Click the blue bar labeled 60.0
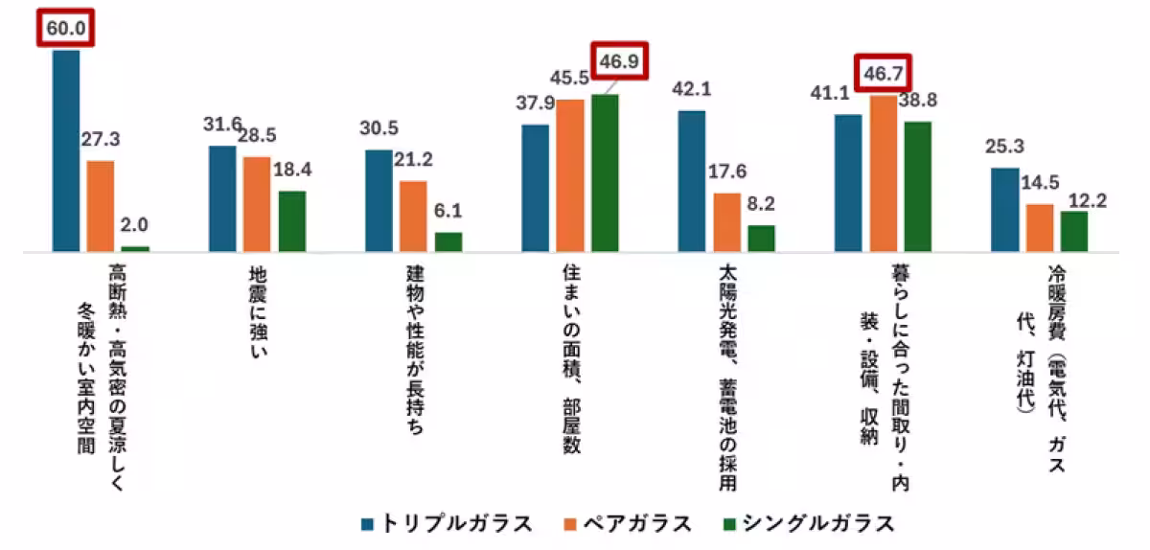[66, 150]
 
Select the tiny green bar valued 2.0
[135, 248]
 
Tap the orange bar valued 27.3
[101, 206]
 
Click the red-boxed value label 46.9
[619, 62]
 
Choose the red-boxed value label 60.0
[67, 28]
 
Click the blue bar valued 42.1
[692, 181]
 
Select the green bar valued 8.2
[761, 239]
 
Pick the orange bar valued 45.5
[570, 175]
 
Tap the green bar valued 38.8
[917, 187]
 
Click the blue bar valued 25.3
[1004, 210]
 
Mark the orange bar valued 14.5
[1039, 228]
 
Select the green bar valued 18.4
[292, 221]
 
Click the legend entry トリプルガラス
[447, 523]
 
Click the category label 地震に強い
[257, 316]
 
